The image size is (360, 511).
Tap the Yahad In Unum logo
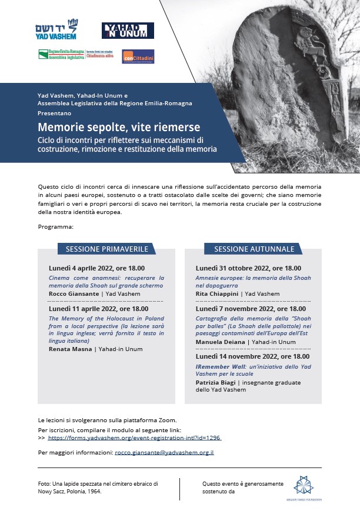coord(128,30)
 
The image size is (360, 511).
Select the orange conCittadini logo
coord(138,56)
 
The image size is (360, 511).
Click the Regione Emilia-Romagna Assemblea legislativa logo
coord(61,55)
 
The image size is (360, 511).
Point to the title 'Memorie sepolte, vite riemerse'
coord(119,127)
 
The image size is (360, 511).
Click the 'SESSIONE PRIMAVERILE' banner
coord(106,249)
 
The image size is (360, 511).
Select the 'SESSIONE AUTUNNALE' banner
coord(254,249)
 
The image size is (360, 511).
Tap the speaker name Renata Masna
coord(68,349)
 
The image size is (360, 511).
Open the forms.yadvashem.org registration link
coord(134,438)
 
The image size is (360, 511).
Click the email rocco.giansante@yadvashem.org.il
coord(164,452)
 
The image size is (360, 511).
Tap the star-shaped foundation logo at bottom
coord(304,485)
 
